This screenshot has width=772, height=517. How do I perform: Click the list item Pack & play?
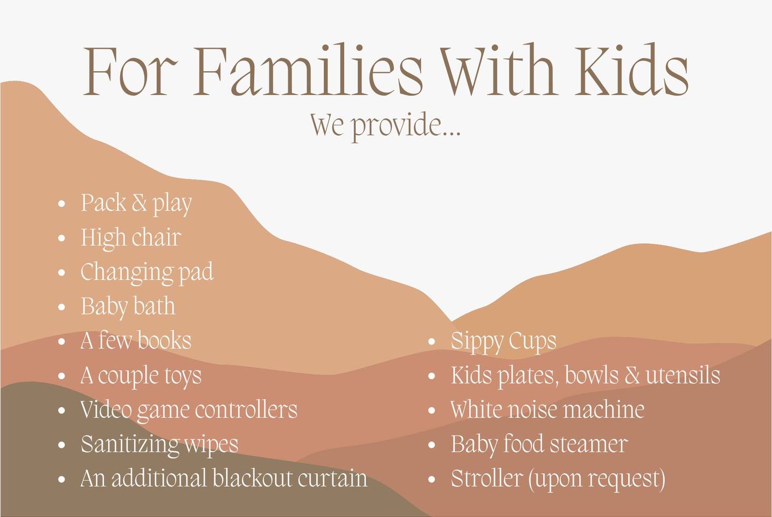(136, 204)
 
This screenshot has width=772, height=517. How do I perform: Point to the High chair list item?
(131, 237)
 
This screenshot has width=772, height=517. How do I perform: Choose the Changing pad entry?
(147, 272)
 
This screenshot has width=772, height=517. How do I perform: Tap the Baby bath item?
(128, 306)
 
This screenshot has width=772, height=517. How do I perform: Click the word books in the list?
(164, 340)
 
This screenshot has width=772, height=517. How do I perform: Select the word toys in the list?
(183, 376)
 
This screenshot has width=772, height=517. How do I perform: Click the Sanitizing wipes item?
(159, 444)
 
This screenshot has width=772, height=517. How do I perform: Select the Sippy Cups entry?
(504, 341)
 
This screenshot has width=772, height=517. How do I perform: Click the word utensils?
(683, 375)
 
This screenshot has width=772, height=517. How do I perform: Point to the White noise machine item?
(547, 409)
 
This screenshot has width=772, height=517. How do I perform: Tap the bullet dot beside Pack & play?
(62, 204)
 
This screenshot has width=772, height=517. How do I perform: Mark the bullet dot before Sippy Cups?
(432, 341)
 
